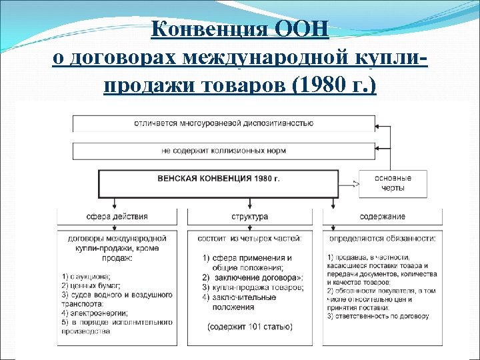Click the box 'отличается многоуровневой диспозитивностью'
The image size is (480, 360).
tap(223, 123)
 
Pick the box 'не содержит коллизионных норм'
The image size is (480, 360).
tap(223, 151)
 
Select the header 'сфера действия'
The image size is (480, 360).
tap(117, 217)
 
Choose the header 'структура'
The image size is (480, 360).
tap(249, 217)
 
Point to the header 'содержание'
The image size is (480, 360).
tap(382, 217)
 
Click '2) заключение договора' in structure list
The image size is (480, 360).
tap(253, 277)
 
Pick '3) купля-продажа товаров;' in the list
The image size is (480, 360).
tap(253, 287)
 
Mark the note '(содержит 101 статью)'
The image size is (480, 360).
tap(249, 327)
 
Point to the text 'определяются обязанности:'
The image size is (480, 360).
tap(383, 238)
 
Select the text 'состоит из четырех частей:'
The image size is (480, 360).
tap(249, 238)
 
